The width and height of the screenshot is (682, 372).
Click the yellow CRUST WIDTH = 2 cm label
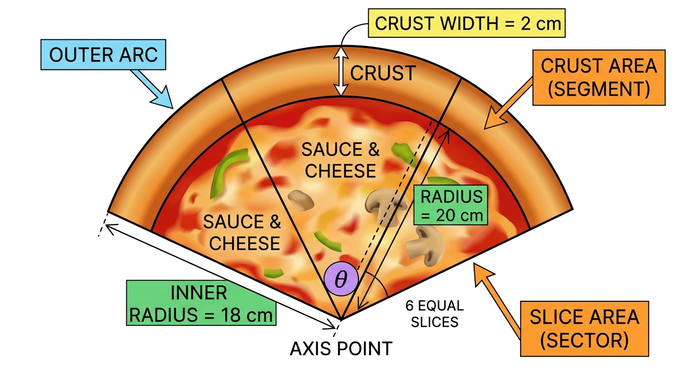point(466,23)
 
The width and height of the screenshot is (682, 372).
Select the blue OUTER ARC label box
point(103,55)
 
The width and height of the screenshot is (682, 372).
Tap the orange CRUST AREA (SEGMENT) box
point(599,77)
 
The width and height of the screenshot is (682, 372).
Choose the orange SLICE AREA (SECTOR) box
point(584,329)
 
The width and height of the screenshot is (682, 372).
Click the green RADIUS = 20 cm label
point(450,205)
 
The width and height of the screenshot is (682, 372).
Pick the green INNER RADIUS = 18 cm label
point(201,303)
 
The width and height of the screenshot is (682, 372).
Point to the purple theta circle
point(341,279)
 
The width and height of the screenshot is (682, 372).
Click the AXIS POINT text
point(341,349)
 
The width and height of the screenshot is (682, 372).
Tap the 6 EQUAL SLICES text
point(434,313)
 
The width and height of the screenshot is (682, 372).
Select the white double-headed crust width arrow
point(341,72)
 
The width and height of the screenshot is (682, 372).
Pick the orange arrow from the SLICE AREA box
point(498,301)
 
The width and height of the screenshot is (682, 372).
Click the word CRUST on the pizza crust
point(383,73)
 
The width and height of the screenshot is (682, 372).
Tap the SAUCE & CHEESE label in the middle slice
point(341,160)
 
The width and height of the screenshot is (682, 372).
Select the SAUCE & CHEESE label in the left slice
point(242,232)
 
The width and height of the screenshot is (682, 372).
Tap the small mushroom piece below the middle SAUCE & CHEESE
point(300,201)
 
